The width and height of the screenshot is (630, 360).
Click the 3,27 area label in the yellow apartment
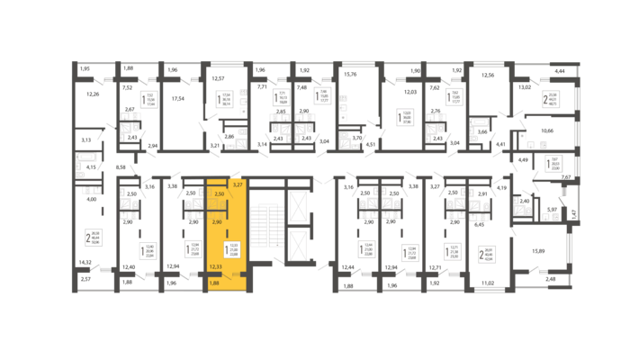tap(238, 184)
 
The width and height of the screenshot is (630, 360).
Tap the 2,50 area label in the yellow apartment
tap(219, 193)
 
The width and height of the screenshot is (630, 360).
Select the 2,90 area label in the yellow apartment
tap(216, 220)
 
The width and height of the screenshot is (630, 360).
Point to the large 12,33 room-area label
tap(215, 266)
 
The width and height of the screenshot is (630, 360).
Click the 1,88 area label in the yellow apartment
tap(213, 283)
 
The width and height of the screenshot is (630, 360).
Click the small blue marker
tap(567, 110)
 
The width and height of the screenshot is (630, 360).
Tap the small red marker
tap(498, 255)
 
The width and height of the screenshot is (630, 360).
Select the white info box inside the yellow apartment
tap(232, 248)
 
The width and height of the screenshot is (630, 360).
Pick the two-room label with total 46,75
tap(552, 100)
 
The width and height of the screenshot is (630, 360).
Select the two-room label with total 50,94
tap(94, 238)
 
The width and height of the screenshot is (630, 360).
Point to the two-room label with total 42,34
tap(487, 254)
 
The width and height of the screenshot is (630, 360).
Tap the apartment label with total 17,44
tap(148, 100)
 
